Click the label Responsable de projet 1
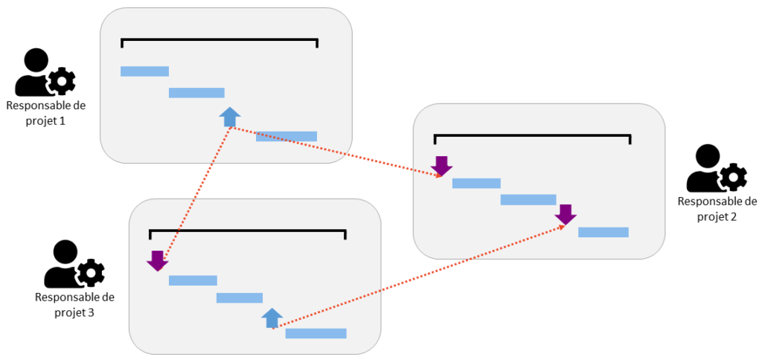pyautogui.click(x=46, y=112)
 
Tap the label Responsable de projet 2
pyautogui.click(x=717, y=208)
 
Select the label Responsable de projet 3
pyautogui.click(x=74, y=304)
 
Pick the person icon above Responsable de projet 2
pyautogui.click(x=716, y=169)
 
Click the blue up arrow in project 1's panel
pyautogui.click(x=231, y=116)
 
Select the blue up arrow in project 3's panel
pyautogui.click(x=272, y=318)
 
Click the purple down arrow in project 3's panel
pyautogui.click(x=157, y=260)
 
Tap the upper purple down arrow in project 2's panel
pyautogui.click(x=442, y=166)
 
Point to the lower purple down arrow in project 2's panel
pyautogui.click(x=566, y=214)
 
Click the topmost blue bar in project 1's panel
pyautogui.click(x=144, y=71)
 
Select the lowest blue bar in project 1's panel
pyautogui.click(x=286, y=136)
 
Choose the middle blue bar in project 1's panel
pyautogui.click(x=196, y=93)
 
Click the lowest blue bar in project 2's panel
pyautogui.click(x=603, y=232)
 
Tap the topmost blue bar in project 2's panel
pyautogui.click(x=476, y=183)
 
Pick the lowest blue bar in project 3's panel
pyautogui.click(x=316, y=333)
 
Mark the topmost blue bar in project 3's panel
pyautogui.click(x=193, y=280)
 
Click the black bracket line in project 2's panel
pyautogui.click(x=532, y=135)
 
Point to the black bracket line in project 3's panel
pyautogui.click(x=248, y=231)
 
